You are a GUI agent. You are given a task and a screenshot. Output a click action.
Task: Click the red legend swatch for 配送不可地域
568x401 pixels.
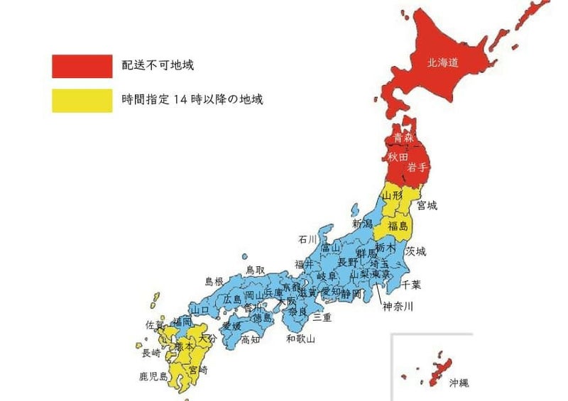pyautogui.click(x=82, y=66)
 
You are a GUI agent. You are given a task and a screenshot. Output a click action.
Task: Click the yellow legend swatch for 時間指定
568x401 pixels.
pyautogui.click(x=82, y=100)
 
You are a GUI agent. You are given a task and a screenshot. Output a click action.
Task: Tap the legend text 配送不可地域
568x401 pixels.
pyautogui.click(x=158, y=65)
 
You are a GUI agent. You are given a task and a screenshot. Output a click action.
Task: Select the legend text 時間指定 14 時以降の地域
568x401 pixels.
pyautogui.click(x=193, y=99)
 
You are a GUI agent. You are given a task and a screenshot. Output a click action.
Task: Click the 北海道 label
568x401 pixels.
pyautogui.click(x=442, y=62)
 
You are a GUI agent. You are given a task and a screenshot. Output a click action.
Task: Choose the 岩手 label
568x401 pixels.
pyautogui.click(x=417, y=167)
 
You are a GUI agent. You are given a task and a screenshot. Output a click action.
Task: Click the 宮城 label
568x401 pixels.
pyautogui.click(x=427, y=206)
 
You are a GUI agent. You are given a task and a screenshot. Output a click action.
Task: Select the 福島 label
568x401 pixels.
pyautogui.click(x=398, y=226)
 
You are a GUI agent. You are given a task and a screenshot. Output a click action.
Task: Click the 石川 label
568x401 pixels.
pyautogui.click(x=308, y=239)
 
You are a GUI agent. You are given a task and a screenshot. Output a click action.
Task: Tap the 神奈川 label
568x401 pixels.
pyautogui.click(x=398, y=307)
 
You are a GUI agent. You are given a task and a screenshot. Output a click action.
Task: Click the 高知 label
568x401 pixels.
pyautogui.click(x=250, y=340)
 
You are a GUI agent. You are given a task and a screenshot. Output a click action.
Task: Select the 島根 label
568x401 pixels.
pyautogui.click(x=214, y=282)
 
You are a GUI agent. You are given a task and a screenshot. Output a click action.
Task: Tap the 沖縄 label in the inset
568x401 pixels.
pyautogui.click(x=459, y=383)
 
